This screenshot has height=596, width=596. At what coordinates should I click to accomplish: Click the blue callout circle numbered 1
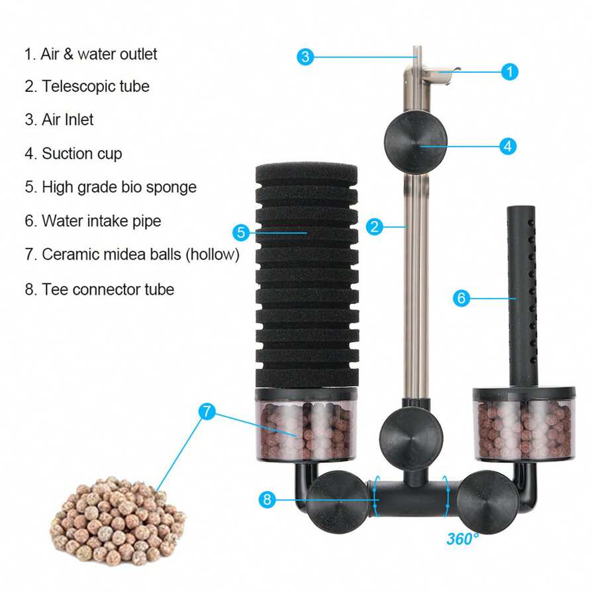click(509, 72)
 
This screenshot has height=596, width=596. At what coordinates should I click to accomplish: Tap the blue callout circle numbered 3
click(305, 56)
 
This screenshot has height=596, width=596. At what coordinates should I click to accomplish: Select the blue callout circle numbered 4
click(507, 146)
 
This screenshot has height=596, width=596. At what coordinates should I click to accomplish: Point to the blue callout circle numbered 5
click(241, 232)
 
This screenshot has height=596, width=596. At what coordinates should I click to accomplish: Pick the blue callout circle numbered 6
click(462, 298)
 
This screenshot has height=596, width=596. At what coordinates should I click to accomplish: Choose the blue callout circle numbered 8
click(267, 500)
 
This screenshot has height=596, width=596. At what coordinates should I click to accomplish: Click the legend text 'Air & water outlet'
click(99, 54)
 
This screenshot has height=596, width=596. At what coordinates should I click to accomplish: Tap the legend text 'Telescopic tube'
click(95, 86)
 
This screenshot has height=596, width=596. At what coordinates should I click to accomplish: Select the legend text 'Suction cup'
click(81, 154)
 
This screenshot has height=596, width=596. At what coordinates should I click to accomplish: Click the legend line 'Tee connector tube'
click(107, 289)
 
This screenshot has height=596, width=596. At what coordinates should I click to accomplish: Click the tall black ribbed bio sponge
click(306, 278)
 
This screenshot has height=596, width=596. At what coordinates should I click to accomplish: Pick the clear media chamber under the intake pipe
click(523, 427)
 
